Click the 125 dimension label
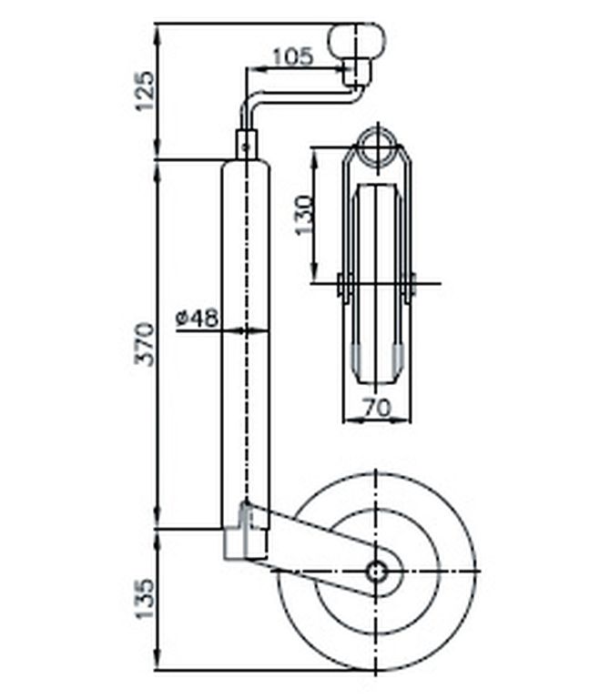(x=146, y=90)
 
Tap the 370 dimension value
(x=146, y=344)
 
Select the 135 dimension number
(x=146, y=599)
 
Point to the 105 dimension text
(x=293, y=56)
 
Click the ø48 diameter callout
(x=197, y=319)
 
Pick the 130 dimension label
(x=305, y=215)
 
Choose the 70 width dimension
(x=377, y=408)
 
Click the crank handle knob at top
(x=356, y=40)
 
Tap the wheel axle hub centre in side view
(x=376, y=571)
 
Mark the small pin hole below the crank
(x=245, y=145)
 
